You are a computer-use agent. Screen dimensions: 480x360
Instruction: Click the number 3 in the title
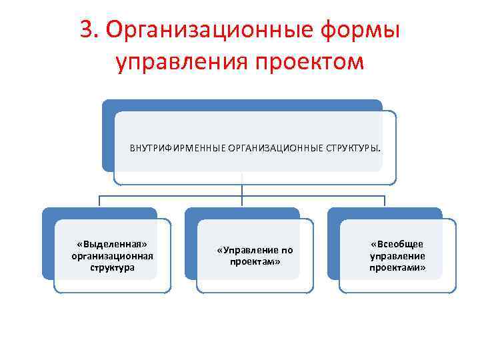[x=86, y=30]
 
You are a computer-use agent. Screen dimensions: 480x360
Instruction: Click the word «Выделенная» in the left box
[x=112, y=244]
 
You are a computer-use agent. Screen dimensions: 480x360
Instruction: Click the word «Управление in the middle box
[x=247, y=251]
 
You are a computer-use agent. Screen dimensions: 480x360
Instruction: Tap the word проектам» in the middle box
[x=255, y=262]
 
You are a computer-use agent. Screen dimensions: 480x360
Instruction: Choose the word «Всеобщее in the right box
[x=397, y=244]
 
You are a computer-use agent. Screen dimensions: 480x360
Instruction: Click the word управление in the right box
[x=397, y=255]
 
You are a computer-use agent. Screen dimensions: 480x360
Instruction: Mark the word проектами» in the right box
[x=397, y=267]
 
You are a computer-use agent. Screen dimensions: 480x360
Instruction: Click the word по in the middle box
[x=287, y=251]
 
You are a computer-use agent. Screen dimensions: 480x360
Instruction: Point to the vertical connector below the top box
[x=241, y=189]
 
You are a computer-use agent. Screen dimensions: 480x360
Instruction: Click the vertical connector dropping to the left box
[x=99, y=201]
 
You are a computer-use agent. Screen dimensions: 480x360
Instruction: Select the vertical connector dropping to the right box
[x=385, y=201]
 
